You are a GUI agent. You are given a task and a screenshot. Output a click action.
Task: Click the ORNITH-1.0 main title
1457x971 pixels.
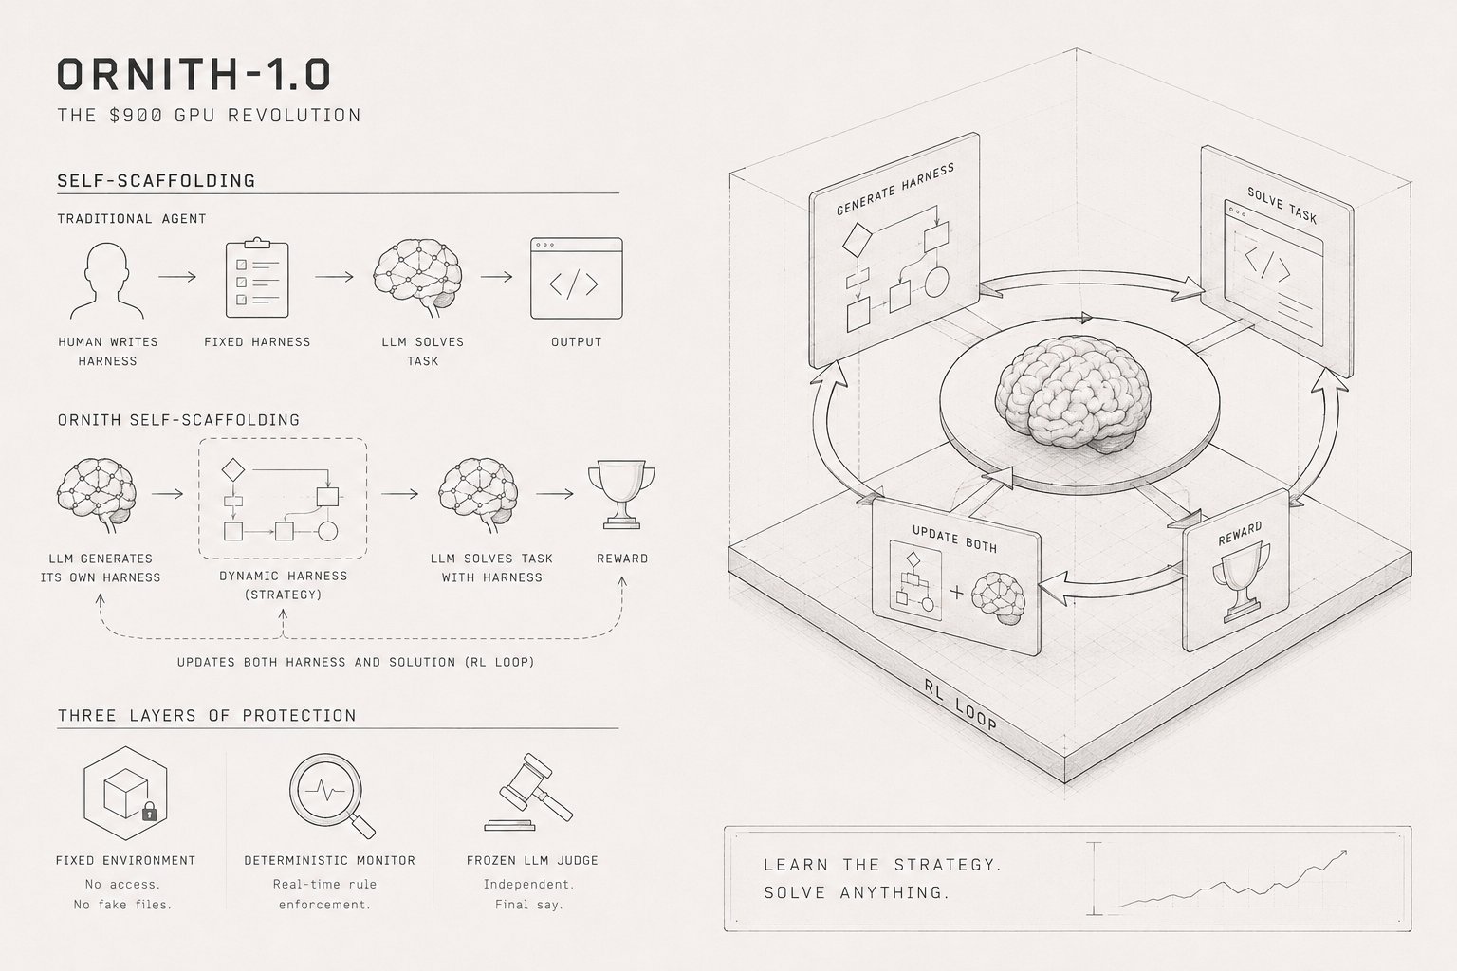pos(194,74)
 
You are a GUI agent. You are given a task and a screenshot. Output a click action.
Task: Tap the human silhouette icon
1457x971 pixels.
pos(106,281)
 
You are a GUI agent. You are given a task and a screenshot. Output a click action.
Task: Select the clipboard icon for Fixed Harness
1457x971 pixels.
pos(257,278)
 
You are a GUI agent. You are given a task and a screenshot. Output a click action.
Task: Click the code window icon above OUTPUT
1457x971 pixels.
pos(577,279)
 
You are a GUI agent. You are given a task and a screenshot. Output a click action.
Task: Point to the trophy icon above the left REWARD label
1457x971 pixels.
pos(621,494)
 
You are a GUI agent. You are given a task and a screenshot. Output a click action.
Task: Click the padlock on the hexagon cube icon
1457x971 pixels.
pos(150,812)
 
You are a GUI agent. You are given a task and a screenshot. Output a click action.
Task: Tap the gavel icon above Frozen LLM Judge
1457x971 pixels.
pos(528,792)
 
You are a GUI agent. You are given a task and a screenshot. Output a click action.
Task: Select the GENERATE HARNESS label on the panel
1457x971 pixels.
pos(895,190)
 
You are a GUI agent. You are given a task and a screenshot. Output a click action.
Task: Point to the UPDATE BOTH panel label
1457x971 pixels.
pos(954,540)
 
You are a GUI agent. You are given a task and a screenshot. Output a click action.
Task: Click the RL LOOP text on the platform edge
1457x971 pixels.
pos(960,705)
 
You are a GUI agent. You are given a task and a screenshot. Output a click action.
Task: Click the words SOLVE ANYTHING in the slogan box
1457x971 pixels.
pos(857,892)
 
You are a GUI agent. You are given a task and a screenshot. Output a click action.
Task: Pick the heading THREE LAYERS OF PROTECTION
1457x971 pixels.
pos(207,715)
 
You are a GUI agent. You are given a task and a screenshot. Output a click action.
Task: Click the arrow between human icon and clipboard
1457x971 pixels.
pos(177,277)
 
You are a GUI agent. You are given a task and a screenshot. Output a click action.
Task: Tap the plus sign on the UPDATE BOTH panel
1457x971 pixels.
pos(957,592)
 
